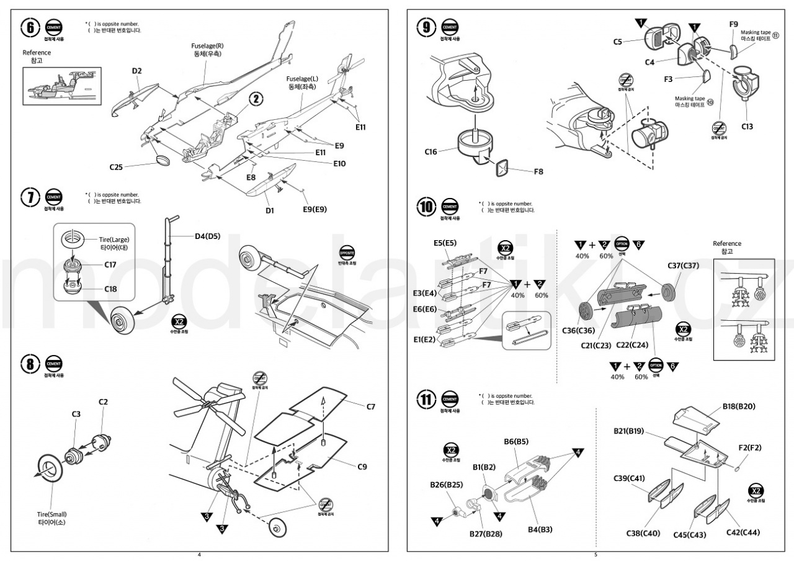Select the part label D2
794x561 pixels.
[137, 71]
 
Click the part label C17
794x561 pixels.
[110, 264]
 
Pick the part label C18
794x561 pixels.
[110, 289]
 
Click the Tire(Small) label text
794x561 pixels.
[51, 514]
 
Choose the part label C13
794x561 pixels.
[747, 127]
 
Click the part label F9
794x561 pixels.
[733, 24]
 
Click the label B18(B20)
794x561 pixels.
[739, 406]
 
